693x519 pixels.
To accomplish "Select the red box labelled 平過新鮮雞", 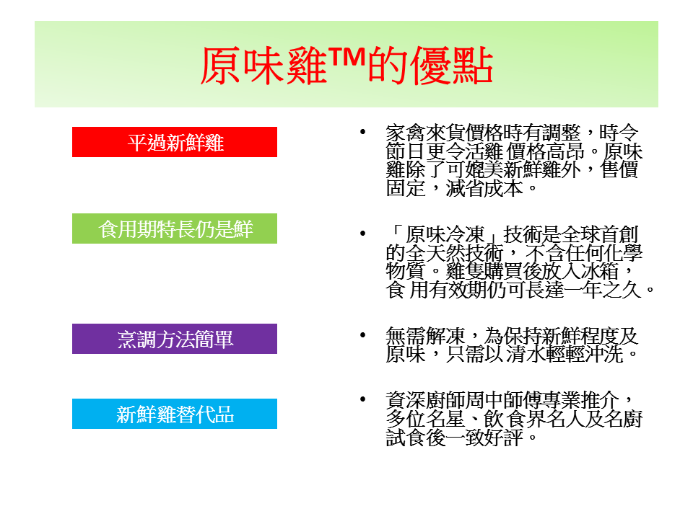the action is (175, 142).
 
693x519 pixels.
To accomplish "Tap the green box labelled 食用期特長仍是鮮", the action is (175, 229).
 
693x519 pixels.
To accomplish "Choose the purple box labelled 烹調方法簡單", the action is (175, 339).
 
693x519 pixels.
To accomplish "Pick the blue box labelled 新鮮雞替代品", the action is (175, 414).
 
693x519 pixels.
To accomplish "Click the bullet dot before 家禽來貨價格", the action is (363, 131).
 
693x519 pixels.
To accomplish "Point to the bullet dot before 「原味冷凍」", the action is (363, 233).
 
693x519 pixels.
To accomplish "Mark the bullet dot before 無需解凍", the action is (363, 334).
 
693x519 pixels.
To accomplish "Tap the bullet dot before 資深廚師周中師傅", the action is (363, 399).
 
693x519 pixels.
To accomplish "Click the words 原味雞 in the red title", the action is (264, 66).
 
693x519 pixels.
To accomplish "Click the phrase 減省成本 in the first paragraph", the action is (484, 188).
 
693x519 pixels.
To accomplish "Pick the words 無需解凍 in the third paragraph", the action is (425, 336).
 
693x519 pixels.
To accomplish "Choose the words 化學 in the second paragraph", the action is (623, 253).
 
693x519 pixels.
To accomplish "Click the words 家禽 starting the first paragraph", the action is (406, 133).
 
